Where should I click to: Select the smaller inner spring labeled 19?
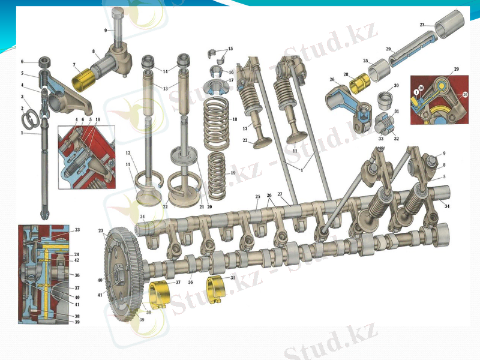(x=218, y=174)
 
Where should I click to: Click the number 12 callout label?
(x=128, y=152)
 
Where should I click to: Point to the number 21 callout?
(x=202, y=207)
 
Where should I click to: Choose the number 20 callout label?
(x=210, y=207)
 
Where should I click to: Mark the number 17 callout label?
(x=231, y=80)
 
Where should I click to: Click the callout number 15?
(x=230, y=48)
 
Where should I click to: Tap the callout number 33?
(x=381, y=139)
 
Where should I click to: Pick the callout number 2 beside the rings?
(x=22, y=109)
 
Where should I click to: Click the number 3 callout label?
(x=22, y=97)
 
